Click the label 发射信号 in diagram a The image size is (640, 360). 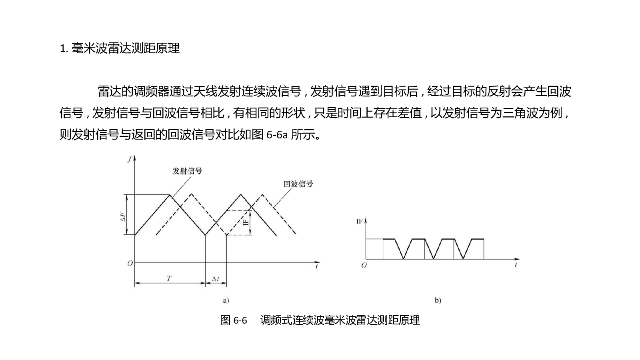coord(187,171)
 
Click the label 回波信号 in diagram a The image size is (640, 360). coord(298,184)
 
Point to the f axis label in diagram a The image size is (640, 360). coord(130,159)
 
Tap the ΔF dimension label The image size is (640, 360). coord(123,216)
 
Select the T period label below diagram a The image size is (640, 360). coord(169,278)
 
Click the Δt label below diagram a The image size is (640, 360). coord(216,279)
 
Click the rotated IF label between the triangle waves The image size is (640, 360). coord(246,222)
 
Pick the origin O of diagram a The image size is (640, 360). coord(130,264)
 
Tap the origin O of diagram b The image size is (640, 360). coord(364,266)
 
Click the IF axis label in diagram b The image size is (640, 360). coord(360,222)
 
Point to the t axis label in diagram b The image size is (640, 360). coord(516,265)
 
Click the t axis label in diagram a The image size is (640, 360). coord(316,266)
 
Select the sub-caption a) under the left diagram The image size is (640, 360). coord(226,300)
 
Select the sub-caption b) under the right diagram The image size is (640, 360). coord(438,300)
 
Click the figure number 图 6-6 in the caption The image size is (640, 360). coord(234,320)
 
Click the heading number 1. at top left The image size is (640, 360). coord(64,48)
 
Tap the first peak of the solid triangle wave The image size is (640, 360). coord(170,195)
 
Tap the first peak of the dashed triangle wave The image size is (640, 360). coord(191,194)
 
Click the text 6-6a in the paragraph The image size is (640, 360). coord(277,134)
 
